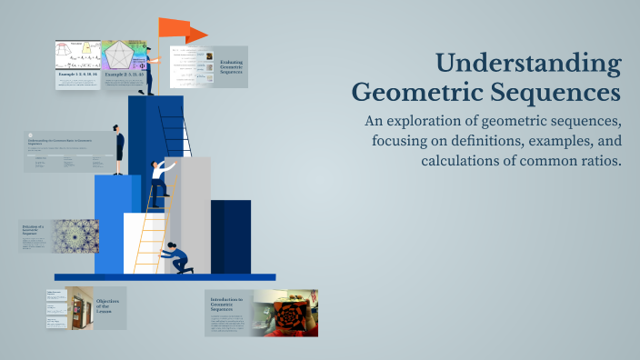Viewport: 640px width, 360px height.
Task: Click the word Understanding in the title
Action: click(x=528, y=64)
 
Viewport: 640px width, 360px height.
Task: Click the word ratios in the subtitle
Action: click(x=595, y=161)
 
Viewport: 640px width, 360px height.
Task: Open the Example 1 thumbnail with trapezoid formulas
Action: click(x=76, y=59)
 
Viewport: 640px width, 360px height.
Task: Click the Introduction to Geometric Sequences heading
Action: click(x=227, y=305)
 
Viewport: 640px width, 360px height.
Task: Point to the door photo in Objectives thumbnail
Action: click(x=78, y=307)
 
